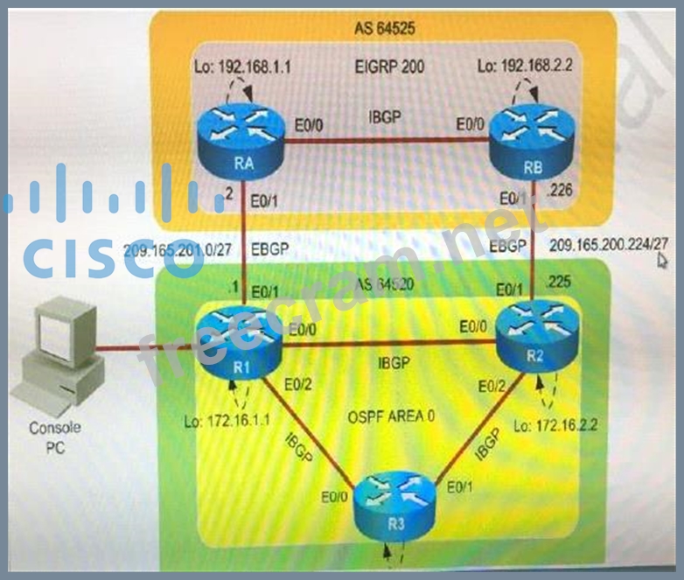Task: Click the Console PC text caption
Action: pos(55,437)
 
